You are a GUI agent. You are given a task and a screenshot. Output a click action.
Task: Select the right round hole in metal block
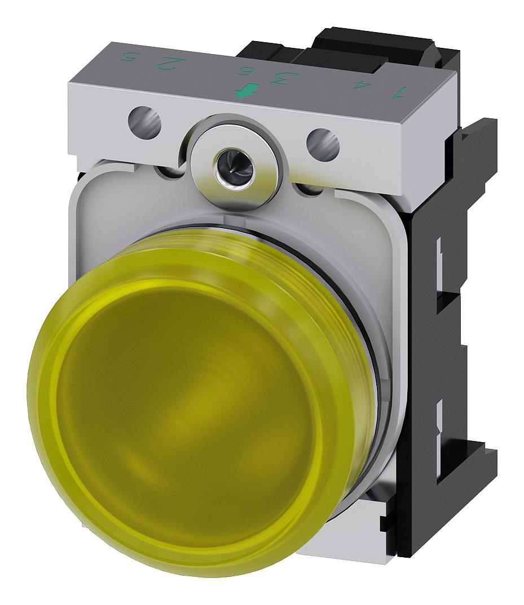click(323, 144)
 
